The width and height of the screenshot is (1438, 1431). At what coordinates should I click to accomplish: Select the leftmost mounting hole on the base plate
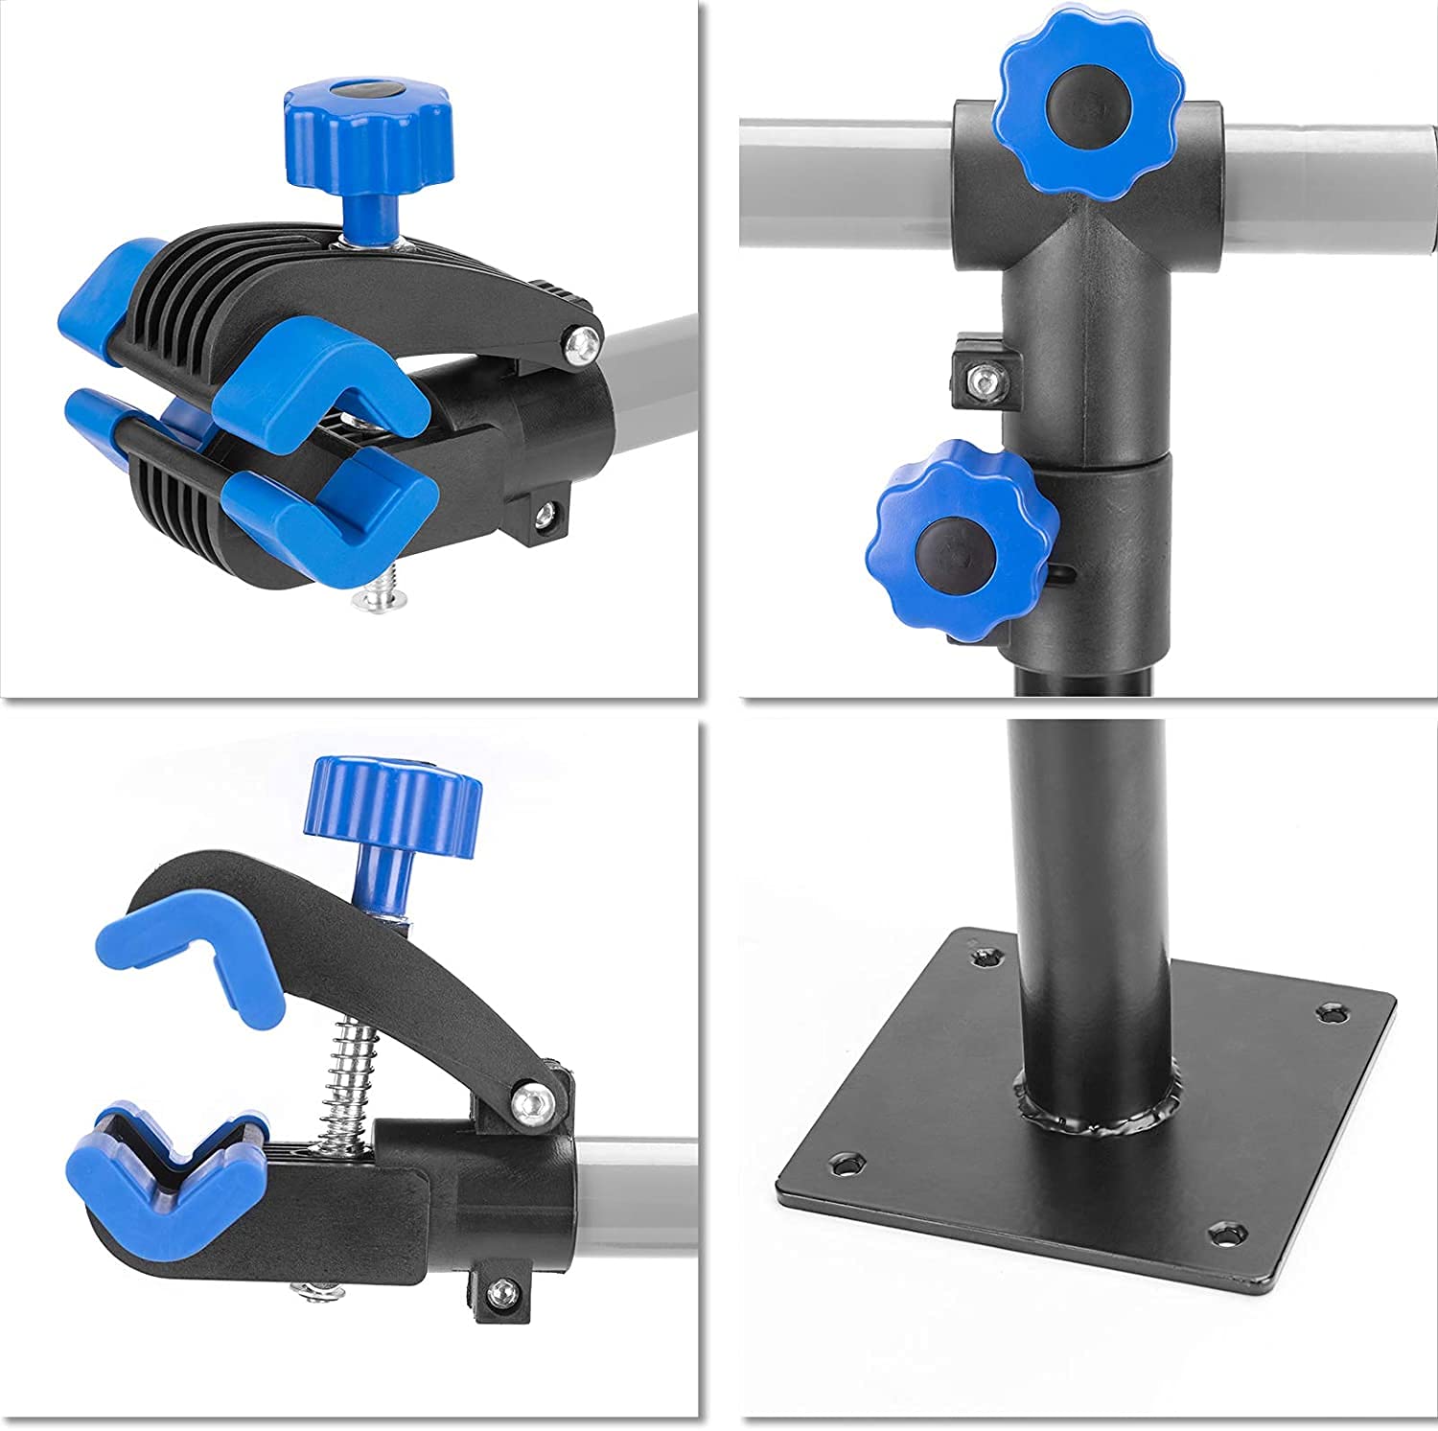click(x=845, y=1166)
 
